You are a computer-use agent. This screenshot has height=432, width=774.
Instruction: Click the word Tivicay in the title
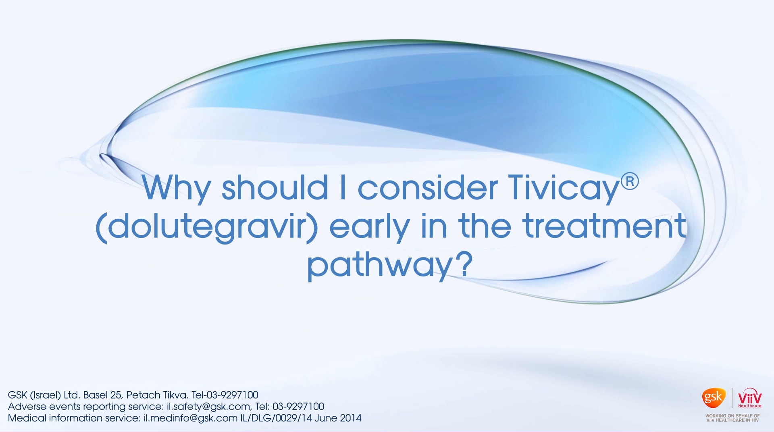click(564, 188)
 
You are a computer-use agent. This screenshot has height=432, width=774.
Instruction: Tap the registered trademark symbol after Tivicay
click(630, 181)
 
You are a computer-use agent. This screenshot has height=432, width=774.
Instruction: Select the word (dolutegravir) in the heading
click(207, 227)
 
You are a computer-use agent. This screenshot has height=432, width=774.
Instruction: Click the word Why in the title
click(176, 188)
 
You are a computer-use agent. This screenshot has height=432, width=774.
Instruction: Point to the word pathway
click(379, 265)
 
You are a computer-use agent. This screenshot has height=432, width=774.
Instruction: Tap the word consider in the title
click(428, 187)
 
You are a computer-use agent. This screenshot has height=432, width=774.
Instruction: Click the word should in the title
click(275, 187)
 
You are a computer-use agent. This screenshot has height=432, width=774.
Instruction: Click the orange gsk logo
click(714, 398)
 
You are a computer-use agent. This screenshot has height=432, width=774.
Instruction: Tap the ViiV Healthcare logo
click(750, 398)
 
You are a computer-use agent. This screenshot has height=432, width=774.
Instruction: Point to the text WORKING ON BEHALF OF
click(732, 415)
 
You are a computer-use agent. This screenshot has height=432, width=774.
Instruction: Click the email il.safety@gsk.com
click(208, 407)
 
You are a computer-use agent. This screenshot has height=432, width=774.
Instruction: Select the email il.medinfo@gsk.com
click(191, 418)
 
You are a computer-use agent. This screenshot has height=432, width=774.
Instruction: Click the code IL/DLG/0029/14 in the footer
click(276, 418)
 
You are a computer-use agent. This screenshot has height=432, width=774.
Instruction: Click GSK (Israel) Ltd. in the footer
click(44, 395)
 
